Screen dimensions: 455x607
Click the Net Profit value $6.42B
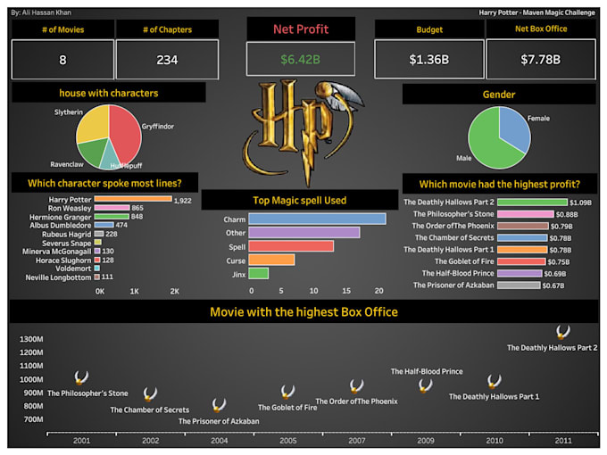click(x=301, y=61)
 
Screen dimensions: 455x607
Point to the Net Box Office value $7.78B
click(x=542, y=61)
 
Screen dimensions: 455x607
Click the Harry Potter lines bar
click(x=134, y=199)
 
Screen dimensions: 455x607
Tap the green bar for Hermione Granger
click(x=112, y=217)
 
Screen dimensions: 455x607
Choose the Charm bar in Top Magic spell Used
click(x=317, y=219)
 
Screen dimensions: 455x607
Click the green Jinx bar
click(x=259, y=273)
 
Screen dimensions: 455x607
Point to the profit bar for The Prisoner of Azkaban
click(x=519, y=285)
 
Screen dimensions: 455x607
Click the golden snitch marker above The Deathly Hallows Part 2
click(x=563, y=332)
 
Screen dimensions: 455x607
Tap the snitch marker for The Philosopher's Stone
click(x=81, y=378)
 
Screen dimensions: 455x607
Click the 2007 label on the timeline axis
click(x=356, y=441)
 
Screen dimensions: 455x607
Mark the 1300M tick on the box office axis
click(x=31, y=339)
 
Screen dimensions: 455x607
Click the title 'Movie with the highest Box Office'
click(x=303, y=312)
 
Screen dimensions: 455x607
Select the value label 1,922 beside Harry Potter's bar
click(x=183, y=200)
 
